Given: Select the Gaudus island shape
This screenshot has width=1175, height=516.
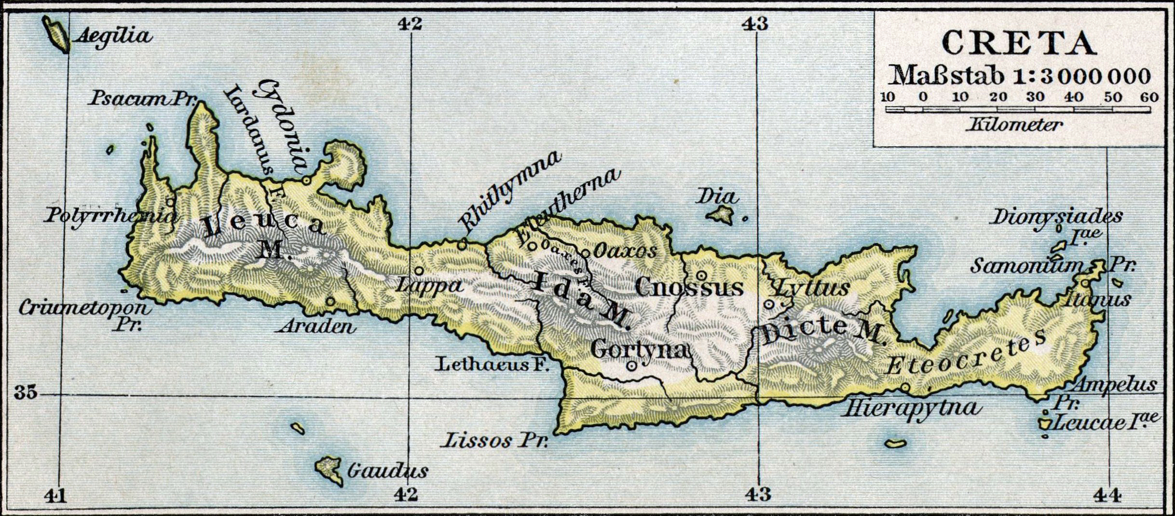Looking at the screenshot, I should tap(329, 468).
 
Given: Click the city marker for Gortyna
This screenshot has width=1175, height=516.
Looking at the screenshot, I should tap(631, 366).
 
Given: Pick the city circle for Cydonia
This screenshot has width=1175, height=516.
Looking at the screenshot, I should tap(306, 180).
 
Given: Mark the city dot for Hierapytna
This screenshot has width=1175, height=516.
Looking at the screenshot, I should tap(905, 387).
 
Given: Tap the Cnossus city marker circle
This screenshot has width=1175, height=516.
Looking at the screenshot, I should tap(702, 276).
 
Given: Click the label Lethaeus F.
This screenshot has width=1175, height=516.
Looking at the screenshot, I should tap(493, 364).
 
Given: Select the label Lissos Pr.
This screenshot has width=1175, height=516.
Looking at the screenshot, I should tap(496, 441).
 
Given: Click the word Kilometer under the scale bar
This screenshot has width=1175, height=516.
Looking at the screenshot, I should tap(1014, 126).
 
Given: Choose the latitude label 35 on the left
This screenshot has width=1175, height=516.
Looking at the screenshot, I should tap(25, 393).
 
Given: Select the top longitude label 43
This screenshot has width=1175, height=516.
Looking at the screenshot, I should tap(755, 23).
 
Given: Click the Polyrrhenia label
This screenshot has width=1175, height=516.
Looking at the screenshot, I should tap(110, 216).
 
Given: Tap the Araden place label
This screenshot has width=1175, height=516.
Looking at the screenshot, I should tap(316, 327).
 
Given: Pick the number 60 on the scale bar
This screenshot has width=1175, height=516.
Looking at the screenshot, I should tap(1150, 97).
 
